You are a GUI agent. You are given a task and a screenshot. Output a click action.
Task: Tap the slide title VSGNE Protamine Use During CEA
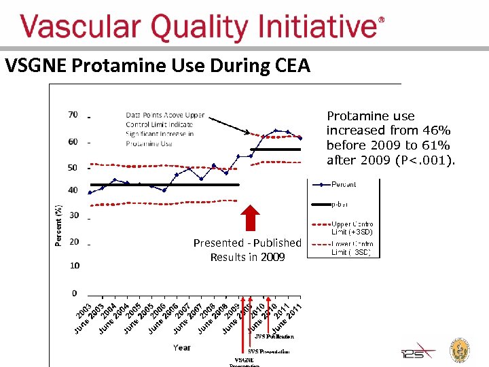coord(157,66)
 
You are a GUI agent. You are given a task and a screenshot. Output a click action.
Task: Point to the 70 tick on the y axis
coord(73,115)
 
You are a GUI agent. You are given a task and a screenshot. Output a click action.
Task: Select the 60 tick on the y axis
coord(73,142)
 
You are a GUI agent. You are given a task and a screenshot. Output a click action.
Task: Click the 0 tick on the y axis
coord(75,293)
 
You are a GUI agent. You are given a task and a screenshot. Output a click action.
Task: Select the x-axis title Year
coord(181,347)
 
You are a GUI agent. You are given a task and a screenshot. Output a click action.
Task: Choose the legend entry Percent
coord(344,184)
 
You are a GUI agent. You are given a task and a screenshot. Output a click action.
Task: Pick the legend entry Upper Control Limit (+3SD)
coord(351,228)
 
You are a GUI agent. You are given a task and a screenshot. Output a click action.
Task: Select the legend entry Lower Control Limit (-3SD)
coord(351,248)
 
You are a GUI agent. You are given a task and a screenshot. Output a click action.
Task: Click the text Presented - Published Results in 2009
coord(247,249)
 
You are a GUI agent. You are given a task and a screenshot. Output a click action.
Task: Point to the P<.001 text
coord(431,160)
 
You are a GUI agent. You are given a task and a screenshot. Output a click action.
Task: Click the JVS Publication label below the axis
coord(274,336)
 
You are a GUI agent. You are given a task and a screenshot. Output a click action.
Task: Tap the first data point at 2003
coord(90,192)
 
